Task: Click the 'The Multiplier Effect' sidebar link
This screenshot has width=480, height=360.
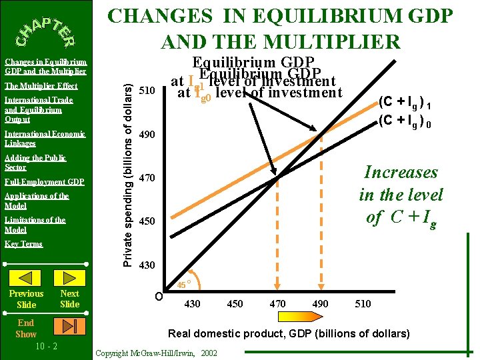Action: (41, 86)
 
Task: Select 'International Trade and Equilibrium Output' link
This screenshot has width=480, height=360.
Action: (39, 110)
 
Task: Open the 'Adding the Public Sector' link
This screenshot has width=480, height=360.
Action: (36, 163)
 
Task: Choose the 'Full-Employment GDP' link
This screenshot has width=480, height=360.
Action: (44, 182)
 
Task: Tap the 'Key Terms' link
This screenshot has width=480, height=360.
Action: (24, 244)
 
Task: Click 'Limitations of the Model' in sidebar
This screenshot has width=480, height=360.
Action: (35, 225)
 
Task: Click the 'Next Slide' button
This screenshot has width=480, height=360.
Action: (69, 299)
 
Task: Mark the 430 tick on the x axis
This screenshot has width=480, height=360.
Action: (192, 304)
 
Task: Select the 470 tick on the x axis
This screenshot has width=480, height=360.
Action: (277, 304)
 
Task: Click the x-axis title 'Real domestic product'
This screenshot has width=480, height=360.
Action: (289, 333)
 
